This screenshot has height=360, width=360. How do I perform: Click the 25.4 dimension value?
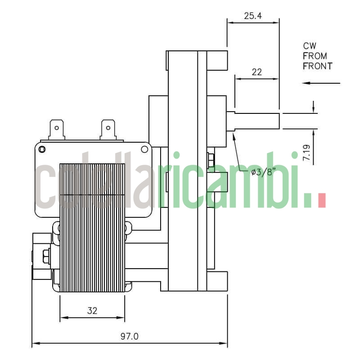253,16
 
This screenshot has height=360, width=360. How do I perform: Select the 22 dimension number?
256,72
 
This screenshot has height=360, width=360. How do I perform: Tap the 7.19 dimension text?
306,153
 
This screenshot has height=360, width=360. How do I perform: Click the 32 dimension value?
92,310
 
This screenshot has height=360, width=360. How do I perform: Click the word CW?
310,46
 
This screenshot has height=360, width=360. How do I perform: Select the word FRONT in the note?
317,66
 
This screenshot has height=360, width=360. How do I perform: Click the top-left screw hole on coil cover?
42,149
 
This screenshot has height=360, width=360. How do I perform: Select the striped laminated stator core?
92,225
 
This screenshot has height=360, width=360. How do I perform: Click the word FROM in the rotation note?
315,56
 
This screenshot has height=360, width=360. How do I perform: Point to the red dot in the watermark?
321,200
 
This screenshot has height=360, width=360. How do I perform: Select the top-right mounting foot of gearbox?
218,61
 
